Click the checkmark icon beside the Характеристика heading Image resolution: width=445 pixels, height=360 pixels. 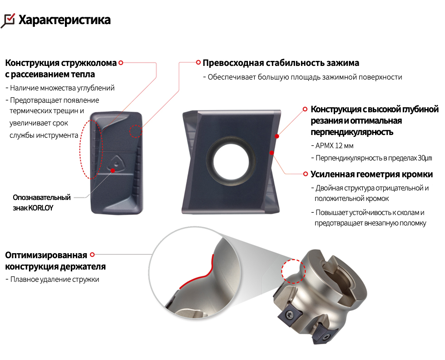[x=8, y=20]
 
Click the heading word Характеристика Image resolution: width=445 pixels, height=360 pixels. [x=64, y=20]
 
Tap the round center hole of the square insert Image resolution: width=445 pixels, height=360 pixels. [x=232, y=162]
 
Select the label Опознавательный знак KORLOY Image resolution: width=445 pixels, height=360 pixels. [x=41, y=203]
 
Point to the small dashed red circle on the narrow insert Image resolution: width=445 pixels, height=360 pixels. [x=136, y=131]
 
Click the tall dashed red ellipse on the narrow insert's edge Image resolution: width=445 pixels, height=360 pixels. [x=91, y=150]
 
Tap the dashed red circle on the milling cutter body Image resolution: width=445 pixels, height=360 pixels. [x=293, y=271]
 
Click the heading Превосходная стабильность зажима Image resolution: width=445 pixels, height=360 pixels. [x=281, y=63]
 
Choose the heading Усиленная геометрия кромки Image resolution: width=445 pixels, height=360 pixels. [x=371, y=174]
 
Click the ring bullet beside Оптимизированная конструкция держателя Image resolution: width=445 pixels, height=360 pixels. [x=92, y=255]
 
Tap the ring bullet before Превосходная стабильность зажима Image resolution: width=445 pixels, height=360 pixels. [x=198, y=62]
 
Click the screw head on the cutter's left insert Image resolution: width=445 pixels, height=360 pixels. [x=290, y=314]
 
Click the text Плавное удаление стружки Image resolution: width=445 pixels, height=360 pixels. [x=55, y=279]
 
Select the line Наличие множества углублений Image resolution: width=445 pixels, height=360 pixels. [x=62, y=88]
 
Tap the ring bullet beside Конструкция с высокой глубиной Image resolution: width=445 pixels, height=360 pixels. [x=305, y=109]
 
